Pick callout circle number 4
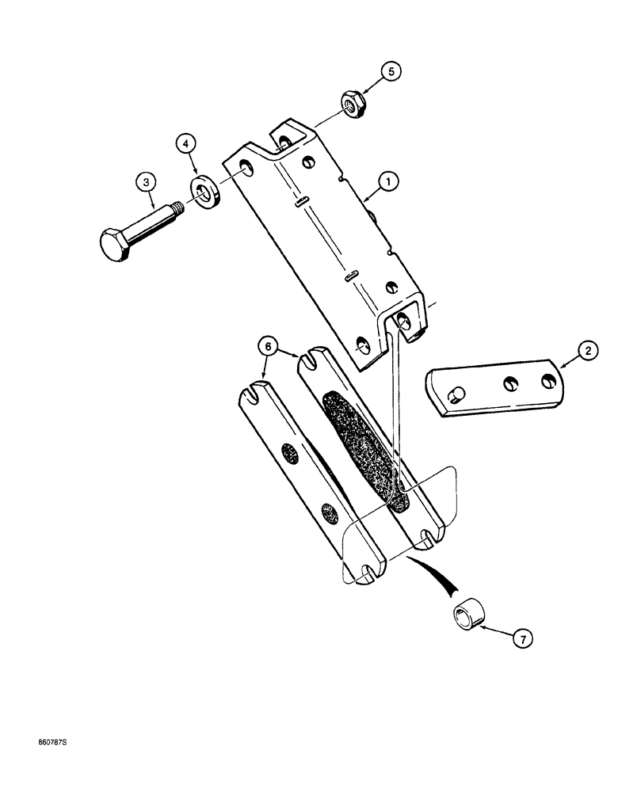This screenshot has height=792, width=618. click(185, 144)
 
